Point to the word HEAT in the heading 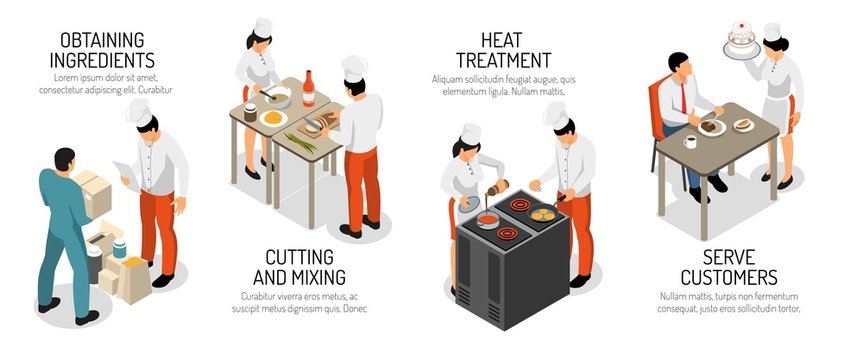click(499, 39)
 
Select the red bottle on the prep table click(309, 90)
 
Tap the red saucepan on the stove click(488, 218)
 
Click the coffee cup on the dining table click(691, 142)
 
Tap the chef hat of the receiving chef click(139, 112)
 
